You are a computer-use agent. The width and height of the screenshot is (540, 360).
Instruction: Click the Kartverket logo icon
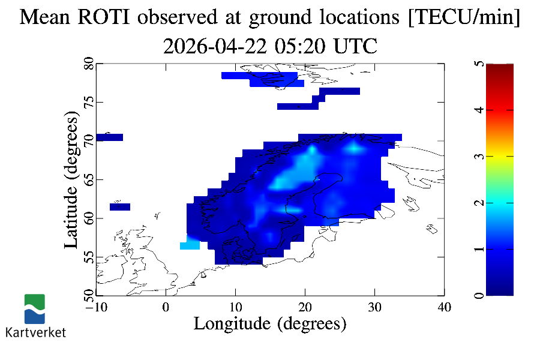[34, 308]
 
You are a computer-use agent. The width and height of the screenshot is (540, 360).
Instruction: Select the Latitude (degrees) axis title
[72, 183]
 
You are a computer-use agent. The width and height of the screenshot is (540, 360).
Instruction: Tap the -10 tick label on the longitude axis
[96, 307]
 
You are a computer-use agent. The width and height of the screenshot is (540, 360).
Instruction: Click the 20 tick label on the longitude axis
[305, 307]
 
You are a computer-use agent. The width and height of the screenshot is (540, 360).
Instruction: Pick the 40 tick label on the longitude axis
[444, 307]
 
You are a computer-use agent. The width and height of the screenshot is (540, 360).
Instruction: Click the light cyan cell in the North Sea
[190, 245]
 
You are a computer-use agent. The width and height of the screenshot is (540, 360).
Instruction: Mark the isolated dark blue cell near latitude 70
[109, 137]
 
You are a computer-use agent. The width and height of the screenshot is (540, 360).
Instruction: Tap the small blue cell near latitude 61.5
[120, 207]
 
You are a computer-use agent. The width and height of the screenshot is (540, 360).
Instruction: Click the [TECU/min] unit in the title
[464, 18]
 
